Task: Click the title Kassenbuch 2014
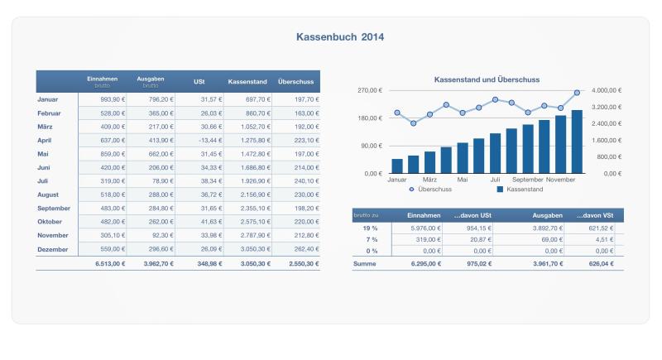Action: click(x=339, y=37)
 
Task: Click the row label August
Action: click(x=50, y=194)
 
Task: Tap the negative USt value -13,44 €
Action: click(x=201, y=140)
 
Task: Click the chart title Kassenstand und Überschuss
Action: click(x=487, y=80)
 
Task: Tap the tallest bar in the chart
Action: click(x=577, y=142)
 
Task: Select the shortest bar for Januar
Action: click(x=397, y=166)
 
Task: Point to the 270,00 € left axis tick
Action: click(x=368, y=90)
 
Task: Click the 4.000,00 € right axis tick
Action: click(x=607, y=90)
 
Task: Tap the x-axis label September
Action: click(x=528, y=179)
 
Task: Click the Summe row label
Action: click(x=364, y=264)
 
